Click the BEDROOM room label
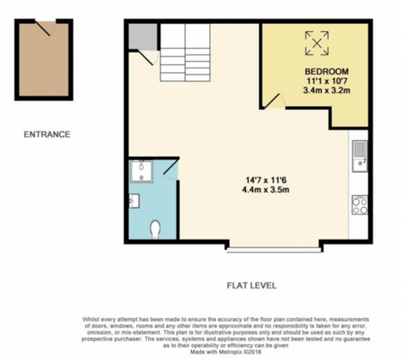point(326,72)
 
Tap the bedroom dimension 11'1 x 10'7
point(326,81)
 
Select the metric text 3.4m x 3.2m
point(326,90)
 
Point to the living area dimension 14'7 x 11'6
point(265,180)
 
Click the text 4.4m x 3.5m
point(265,190)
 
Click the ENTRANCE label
point(47,134)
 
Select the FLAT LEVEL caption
point(251,286)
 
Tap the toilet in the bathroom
point(155,229)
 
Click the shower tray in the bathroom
point(142,171)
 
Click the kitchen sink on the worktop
point(359,156)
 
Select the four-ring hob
point(359,205)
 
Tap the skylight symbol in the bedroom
point(317,43)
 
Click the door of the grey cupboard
point(147,57)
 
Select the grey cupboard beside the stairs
point(142,37)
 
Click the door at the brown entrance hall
point(44,28)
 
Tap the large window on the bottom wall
point(273,250)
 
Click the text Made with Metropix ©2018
point(226,352)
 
